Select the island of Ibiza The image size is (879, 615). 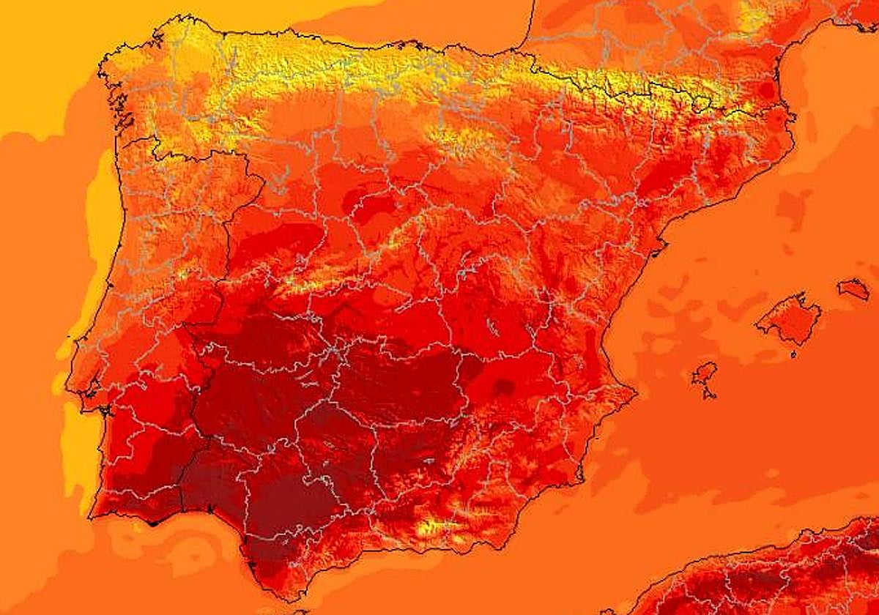tap(704, 375)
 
